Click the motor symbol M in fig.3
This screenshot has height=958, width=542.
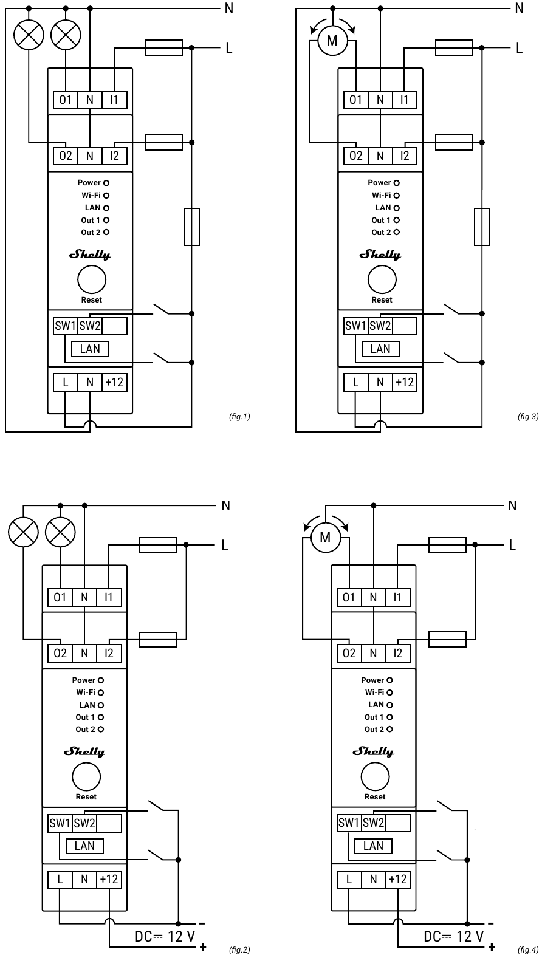(332, 41)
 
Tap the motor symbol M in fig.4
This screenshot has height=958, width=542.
(326, 538)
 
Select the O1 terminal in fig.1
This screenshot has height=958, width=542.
(66, 100)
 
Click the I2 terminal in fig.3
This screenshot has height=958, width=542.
(404, 156)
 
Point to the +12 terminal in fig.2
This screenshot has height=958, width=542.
(109, 880)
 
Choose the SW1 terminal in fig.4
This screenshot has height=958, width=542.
(349, 823)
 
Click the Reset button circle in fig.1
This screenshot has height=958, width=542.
(92, 279)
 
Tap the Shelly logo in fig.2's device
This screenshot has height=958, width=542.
(84, 752)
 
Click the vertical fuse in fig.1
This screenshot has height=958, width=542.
(191, 227)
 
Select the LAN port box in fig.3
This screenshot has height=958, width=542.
(380, 349)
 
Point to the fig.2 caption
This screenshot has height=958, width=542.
(239, 949)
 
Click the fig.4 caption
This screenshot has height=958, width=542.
(528, 949)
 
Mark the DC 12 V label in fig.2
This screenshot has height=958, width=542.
(165, 937)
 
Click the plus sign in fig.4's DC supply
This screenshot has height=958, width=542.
(492, 946)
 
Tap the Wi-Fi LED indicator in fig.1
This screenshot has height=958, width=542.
(106, 196)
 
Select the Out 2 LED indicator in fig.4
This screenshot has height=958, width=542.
(389, 729)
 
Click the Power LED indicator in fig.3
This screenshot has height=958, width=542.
(397, 183)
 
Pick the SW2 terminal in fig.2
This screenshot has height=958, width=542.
(84, 823)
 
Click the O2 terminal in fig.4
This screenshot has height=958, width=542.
(349, 653)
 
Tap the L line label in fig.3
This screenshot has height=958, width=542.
(520, 48)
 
